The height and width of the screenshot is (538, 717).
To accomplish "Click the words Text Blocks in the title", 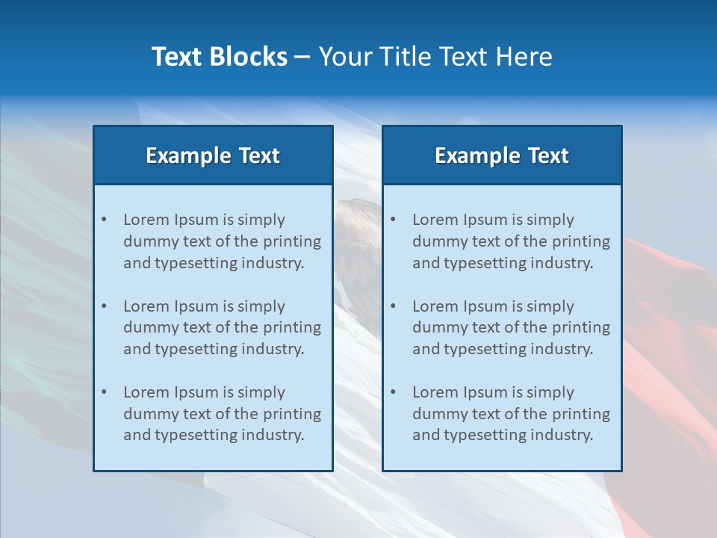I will click(x=219, y=57).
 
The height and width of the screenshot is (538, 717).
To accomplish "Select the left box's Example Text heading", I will click(x=213, y=155).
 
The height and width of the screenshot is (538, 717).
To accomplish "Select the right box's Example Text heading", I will click(x=502, y=155).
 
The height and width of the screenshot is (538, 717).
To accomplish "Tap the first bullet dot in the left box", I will click(x=104, y=220).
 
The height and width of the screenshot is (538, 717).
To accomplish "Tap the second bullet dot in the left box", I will click(x=104, y=306).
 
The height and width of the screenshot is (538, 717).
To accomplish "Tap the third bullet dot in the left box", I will click(x=104, y=392).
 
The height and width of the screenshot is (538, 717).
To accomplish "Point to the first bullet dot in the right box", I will click(x=393, y=220).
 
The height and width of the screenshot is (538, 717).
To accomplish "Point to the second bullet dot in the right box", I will click(x=393, y=306).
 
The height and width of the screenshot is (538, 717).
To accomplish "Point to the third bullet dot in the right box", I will click(x=393, y=392).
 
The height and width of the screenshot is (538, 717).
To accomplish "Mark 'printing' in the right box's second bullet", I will click(x=582, y=327).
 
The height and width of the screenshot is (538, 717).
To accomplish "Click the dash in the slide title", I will click(x=302, y=57).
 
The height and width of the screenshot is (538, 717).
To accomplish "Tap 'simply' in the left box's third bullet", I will click(x=262, y=392).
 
